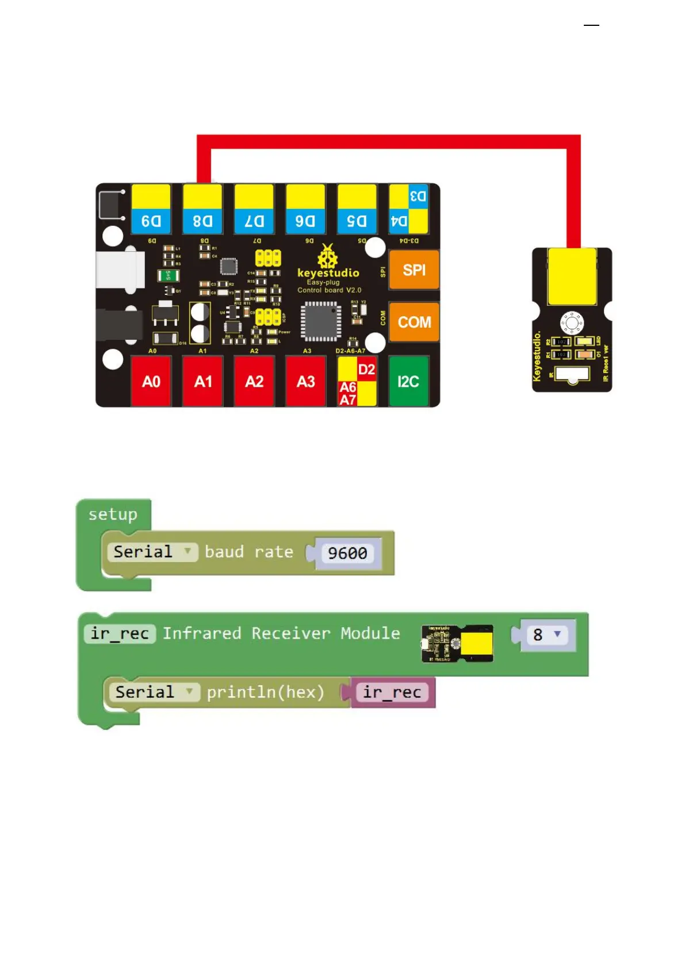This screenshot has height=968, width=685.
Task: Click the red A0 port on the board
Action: tap(151, 382)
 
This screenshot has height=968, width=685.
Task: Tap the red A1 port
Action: tap(202, 382)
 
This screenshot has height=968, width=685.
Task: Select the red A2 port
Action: tap(254, 382)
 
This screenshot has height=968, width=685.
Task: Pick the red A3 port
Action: tap(305, 382)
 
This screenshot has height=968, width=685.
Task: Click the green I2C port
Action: tap(408, 382)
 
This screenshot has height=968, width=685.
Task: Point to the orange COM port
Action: tap(414, 322)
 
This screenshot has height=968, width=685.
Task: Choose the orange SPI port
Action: tap(414, 270)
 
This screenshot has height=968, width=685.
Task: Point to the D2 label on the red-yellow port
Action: tap(366, 370)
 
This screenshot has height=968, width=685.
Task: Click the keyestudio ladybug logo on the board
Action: tap(327, 256)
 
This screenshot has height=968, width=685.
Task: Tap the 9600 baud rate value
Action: tap(347, 553)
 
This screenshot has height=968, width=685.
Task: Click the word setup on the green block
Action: tap(113, 514)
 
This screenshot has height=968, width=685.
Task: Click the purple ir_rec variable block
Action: tap(392, 692)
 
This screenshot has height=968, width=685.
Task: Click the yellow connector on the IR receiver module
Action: tap(572, 276)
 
